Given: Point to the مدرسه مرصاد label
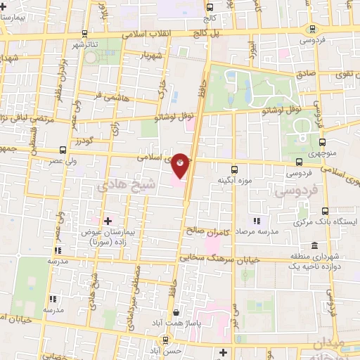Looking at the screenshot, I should click(x=257, y=230).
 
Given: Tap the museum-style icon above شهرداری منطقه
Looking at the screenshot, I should click(x=313, y=245).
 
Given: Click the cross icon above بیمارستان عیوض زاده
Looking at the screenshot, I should click(x=108, y=221).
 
